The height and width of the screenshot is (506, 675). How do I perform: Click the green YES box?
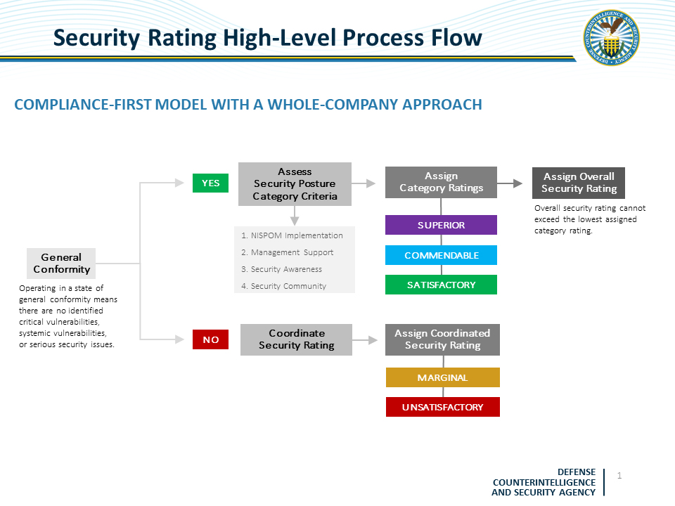point(210,183)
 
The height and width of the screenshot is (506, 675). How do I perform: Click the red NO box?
point(210,339)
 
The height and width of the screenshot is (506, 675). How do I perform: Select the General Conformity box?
point(61,264)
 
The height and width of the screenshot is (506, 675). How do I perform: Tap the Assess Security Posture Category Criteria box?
point(295,184)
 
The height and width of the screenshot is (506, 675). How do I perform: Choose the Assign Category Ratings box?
point(441,182)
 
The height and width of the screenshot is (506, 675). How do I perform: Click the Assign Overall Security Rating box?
point(579,183)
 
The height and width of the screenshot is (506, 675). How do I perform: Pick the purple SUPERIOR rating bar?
point(441,225)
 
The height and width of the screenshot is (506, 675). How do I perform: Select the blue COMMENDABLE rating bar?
point(441,255)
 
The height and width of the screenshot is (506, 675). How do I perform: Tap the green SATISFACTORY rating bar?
point(441,285)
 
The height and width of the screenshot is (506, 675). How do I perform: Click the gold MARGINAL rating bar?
point(442,377)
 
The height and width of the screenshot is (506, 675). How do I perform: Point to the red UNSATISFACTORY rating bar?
point(442,407)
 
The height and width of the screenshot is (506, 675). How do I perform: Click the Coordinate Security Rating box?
point(296,339)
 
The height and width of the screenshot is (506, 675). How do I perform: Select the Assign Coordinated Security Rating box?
point(442,339)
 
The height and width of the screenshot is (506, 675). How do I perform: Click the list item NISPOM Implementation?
point(292,235)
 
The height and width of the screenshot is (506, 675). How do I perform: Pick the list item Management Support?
point(287,252)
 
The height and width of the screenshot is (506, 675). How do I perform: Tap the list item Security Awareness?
point(281,269)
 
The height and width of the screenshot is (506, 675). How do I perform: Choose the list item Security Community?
point(283,286)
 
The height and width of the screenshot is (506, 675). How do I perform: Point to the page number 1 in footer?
point(619,476)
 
